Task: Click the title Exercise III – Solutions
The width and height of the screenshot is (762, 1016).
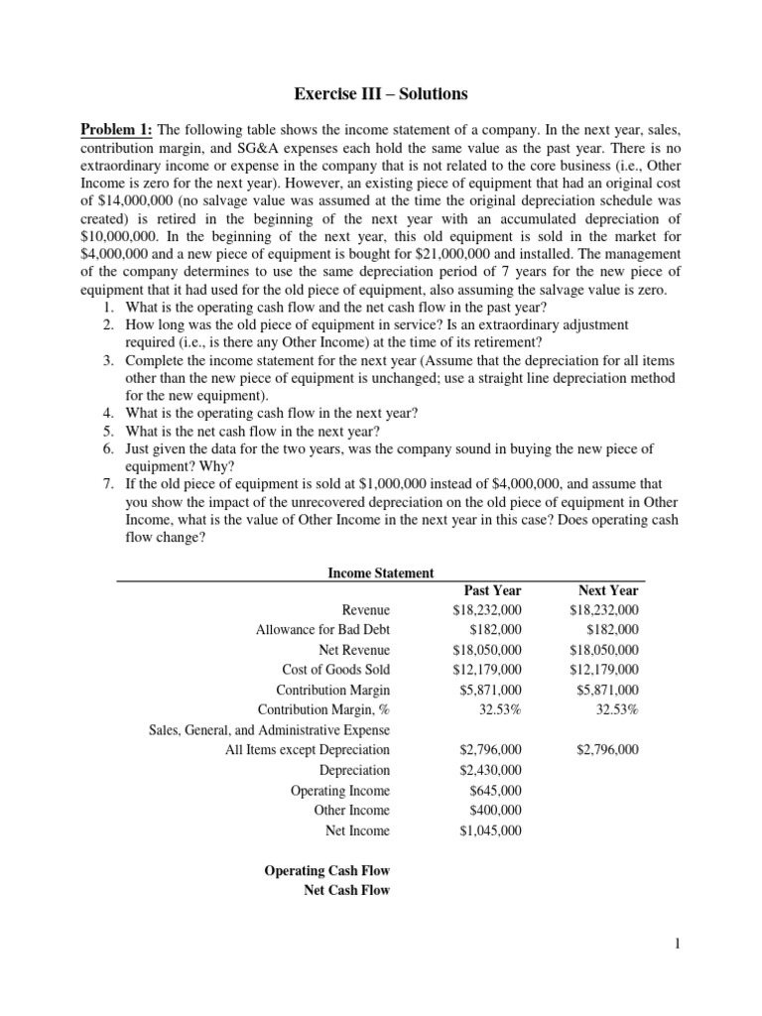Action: (x=380, y=95)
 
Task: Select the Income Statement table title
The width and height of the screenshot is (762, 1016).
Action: (x=380, y=572)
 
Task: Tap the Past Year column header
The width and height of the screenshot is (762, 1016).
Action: (x=492, y=590)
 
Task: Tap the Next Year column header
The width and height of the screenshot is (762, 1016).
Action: (x=608, y=590)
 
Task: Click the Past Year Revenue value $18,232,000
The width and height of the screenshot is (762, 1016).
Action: (x=486, y=610)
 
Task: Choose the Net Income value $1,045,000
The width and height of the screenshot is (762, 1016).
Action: (x=490, y=830)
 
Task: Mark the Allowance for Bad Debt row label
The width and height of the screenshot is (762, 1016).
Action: (x=319, y=630)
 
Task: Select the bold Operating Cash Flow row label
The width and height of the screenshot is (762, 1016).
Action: (x=326, y=870)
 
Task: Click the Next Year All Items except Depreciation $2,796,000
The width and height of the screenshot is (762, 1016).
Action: (x=607, y=750)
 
